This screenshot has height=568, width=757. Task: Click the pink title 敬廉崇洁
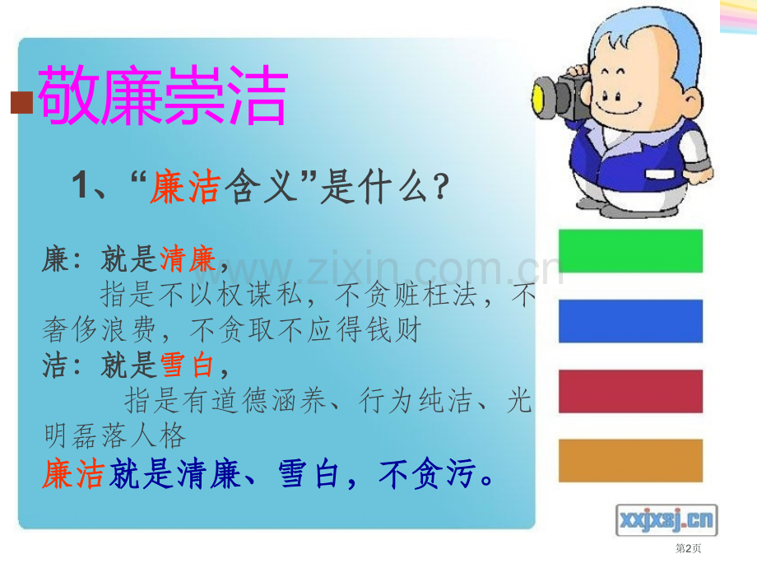click(163, 95)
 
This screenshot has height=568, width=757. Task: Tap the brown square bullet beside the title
click(21, 102)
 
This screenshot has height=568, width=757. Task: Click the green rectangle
click(630, 251)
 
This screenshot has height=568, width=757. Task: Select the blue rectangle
click(630, 321)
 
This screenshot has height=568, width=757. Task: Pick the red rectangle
click(630, 391)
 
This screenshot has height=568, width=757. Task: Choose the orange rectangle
click(630, 460)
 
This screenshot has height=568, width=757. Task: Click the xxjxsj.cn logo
click(666, 520)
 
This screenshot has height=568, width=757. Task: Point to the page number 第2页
click(689, 548)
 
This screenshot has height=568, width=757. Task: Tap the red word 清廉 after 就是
click(188, 259)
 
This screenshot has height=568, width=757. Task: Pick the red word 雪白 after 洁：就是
click(188, 365)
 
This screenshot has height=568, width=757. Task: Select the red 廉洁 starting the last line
click(73, 474)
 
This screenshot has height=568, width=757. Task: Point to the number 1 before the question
click(80, 184)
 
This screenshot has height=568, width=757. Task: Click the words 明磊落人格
click(115, 435)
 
